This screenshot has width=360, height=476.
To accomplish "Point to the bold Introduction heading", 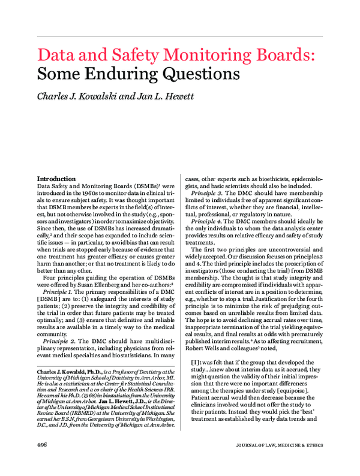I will click(x=56, y=179).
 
